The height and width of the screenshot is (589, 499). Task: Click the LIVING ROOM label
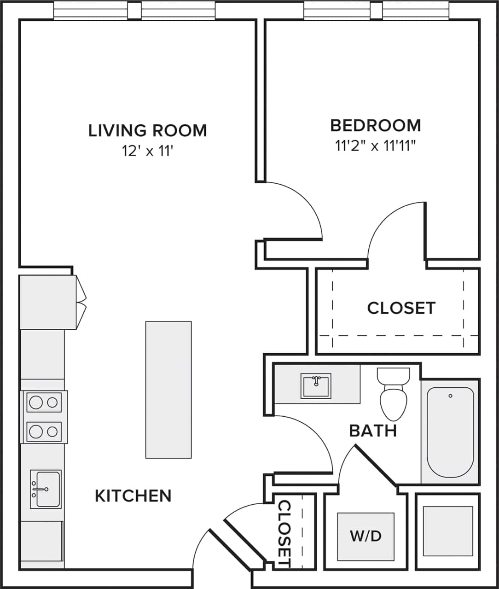(147, 130)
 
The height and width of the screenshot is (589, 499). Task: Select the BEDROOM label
(376, 125)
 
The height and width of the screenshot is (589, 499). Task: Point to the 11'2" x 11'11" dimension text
(376, 146)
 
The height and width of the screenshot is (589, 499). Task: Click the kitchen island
(168, 390)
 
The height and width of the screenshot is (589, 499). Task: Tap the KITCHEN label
(133, 496)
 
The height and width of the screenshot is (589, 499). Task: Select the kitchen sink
(46, 489)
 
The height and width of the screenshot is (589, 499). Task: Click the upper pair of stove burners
(44, 402)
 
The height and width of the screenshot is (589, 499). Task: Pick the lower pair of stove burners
(44, 432)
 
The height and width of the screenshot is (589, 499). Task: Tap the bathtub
(450, 432)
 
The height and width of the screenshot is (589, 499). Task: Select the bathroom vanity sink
(316, 385)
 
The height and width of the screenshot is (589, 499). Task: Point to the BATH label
(373, 431)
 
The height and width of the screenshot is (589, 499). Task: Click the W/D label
(366, 536)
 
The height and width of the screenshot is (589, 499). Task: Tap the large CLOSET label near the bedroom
(401, 308)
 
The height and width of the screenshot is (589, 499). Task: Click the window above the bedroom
(376, 10)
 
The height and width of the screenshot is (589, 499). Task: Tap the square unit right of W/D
(447, 532)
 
